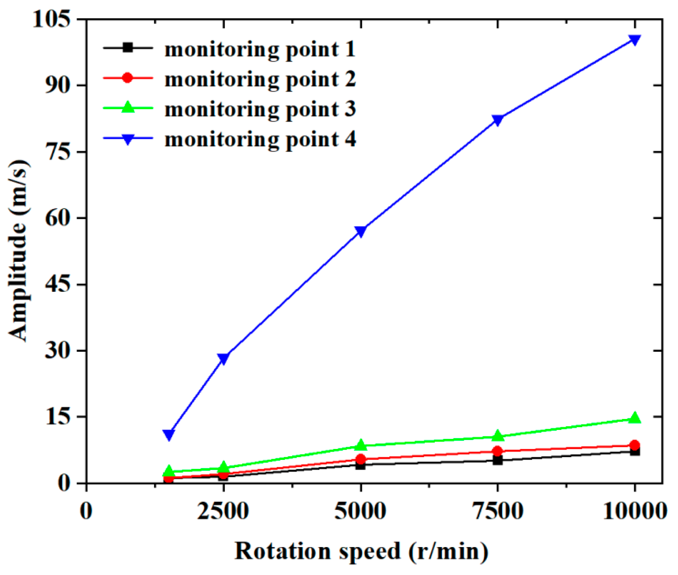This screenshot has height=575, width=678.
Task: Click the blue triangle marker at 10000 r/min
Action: click(634, 40)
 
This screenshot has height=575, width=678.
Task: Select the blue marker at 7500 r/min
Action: click(497, 120)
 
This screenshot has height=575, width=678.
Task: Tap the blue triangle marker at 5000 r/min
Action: click(360, 231)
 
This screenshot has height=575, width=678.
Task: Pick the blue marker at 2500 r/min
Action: click(223, 358)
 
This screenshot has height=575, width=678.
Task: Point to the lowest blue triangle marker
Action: click(169, 434)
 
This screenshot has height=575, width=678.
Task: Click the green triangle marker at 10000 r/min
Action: click(635, 418)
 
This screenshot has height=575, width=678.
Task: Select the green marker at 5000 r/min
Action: click(360, 445)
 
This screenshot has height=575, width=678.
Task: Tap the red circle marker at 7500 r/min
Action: click(497, 451)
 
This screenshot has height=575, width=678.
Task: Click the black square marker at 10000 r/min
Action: click(635, 451)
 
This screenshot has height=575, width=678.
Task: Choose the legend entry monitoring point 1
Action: click(259, 49)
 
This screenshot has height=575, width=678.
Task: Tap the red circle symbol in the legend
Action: click(128, 77)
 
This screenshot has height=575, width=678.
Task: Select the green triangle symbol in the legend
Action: click(128, 107)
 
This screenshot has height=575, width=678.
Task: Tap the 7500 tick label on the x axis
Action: click(498, 511)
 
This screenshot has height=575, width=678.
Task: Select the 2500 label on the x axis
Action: click(223, 511)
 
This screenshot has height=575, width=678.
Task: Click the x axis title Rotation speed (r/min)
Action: click(361, 551)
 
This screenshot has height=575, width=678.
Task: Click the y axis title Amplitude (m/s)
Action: click(18, 250)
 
